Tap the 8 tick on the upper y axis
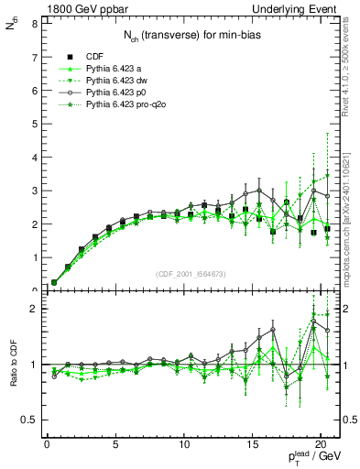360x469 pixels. pyautogui.click(x=34, y=22)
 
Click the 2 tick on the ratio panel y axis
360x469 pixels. pyautogui.click(x=34, y=309)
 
